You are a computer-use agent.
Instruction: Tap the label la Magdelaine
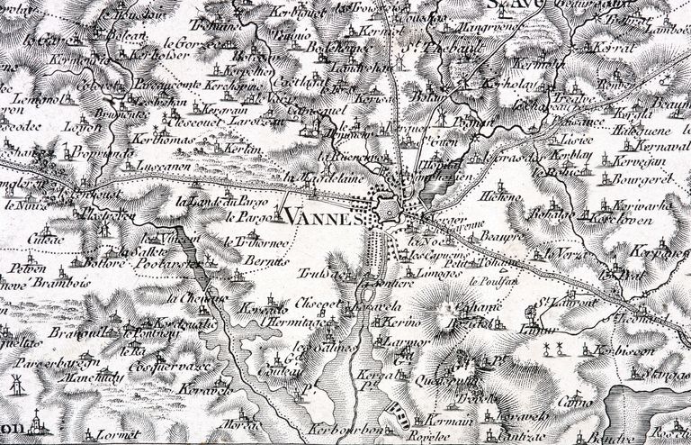(314, 177)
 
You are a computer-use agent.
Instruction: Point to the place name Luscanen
(161, 168)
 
